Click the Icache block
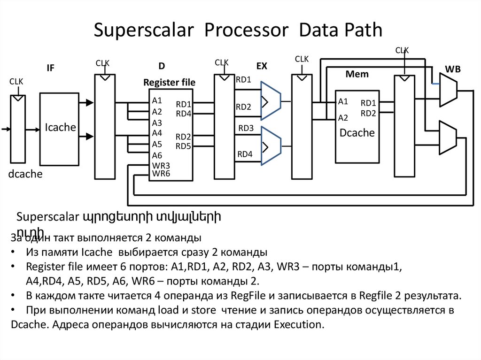[x=60, y=128]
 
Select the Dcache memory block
[x=357, y=133]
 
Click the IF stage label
[x=50, y=68]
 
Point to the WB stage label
[x=453, y=69]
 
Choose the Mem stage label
[x=357, y=74]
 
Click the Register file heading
[x=169, y=83]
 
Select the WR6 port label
[x=161, y=173]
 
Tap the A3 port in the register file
[x=157, y=123]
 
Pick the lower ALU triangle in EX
[x=270, y=146]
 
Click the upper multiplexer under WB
[x=448, y=91]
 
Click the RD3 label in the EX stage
[x=246, y=128]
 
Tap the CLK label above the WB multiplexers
[x=402, y=50]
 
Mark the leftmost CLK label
[x=16, y=82]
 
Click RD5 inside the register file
[x=183, y=146]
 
